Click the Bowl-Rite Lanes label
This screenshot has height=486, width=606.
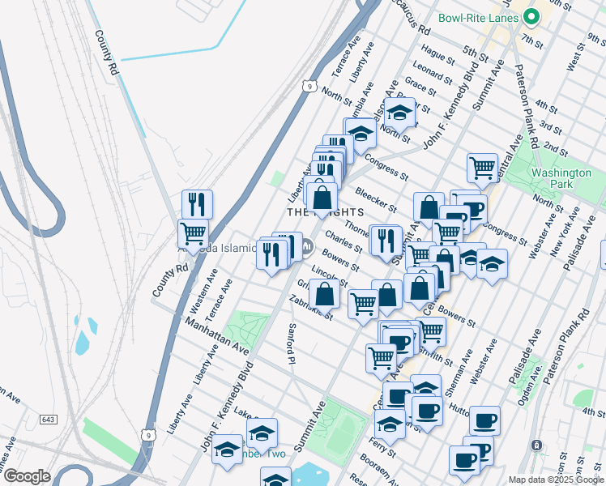pyautogui.click(x=479, y=17)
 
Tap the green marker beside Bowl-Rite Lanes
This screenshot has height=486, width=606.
pyautogui.click(x=532, y=16)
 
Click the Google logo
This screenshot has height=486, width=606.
pyautogui.click(x=27, y=476)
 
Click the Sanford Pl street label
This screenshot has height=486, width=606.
pyautogui.click(x=291, y=343)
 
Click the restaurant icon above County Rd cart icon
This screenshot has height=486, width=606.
pyautogui.click(x=197, y=204)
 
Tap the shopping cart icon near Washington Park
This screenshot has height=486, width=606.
pyautogui.click(x=482, y=168)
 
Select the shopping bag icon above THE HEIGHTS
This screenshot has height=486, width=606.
pyautogui.click(x=322, y=197)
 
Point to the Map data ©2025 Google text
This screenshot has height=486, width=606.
pyautogui.click(x=556, y=480)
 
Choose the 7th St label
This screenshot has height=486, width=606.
pyautogui.click(x=532, y=40)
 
